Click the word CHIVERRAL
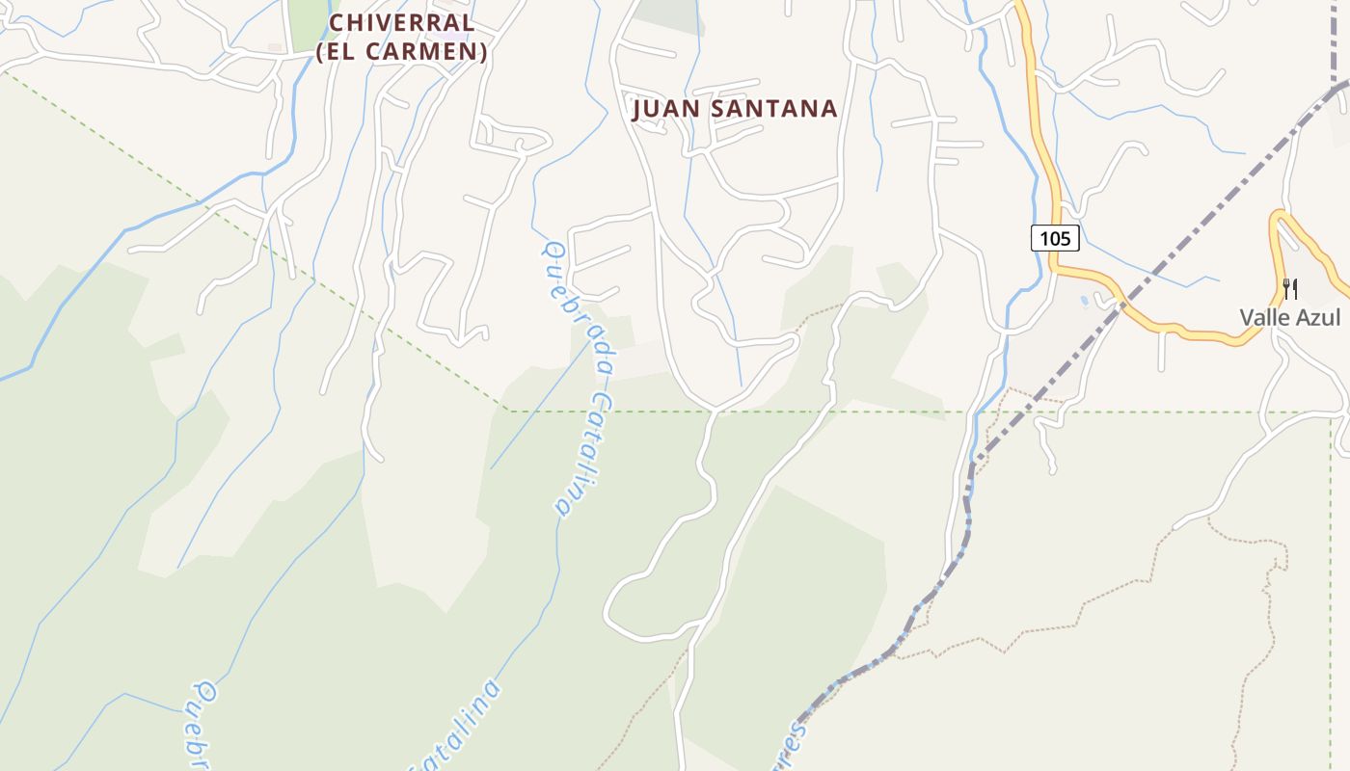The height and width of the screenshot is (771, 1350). (x=401, y=22)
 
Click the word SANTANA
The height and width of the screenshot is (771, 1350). (x=773, y=109)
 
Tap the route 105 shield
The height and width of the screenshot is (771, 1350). (x=1055, y=238)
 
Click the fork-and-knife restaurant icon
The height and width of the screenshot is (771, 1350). (x=1290, y=288)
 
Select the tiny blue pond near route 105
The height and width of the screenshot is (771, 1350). (x=1086, y=302)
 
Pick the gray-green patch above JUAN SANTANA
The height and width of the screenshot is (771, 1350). (x=671, y=13)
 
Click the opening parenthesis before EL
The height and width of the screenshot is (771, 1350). (x=320, y=52)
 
